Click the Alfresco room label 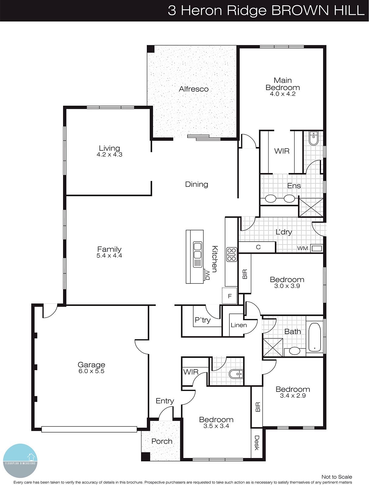coord(194,89)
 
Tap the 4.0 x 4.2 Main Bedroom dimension coord(282,94)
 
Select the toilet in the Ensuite coord(313,138)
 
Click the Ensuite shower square coord(311,207)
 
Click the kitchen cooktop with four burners coord(231,254)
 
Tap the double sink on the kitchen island coord(198,250)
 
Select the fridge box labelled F coord(230,296)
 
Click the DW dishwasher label coord(208,275)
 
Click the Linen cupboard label coord(238,325)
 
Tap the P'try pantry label coord(202,320)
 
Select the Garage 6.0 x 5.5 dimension coord(91,371)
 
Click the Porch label coord(162,441)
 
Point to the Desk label coord(257,443)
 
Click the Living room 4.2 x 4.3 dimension coord(109,155)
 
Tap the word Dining coord(197,184)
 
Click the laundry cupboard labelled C coord(258,247)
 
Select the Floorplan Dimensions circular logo coord(20,461)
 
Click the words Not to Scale coord(336,477)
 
